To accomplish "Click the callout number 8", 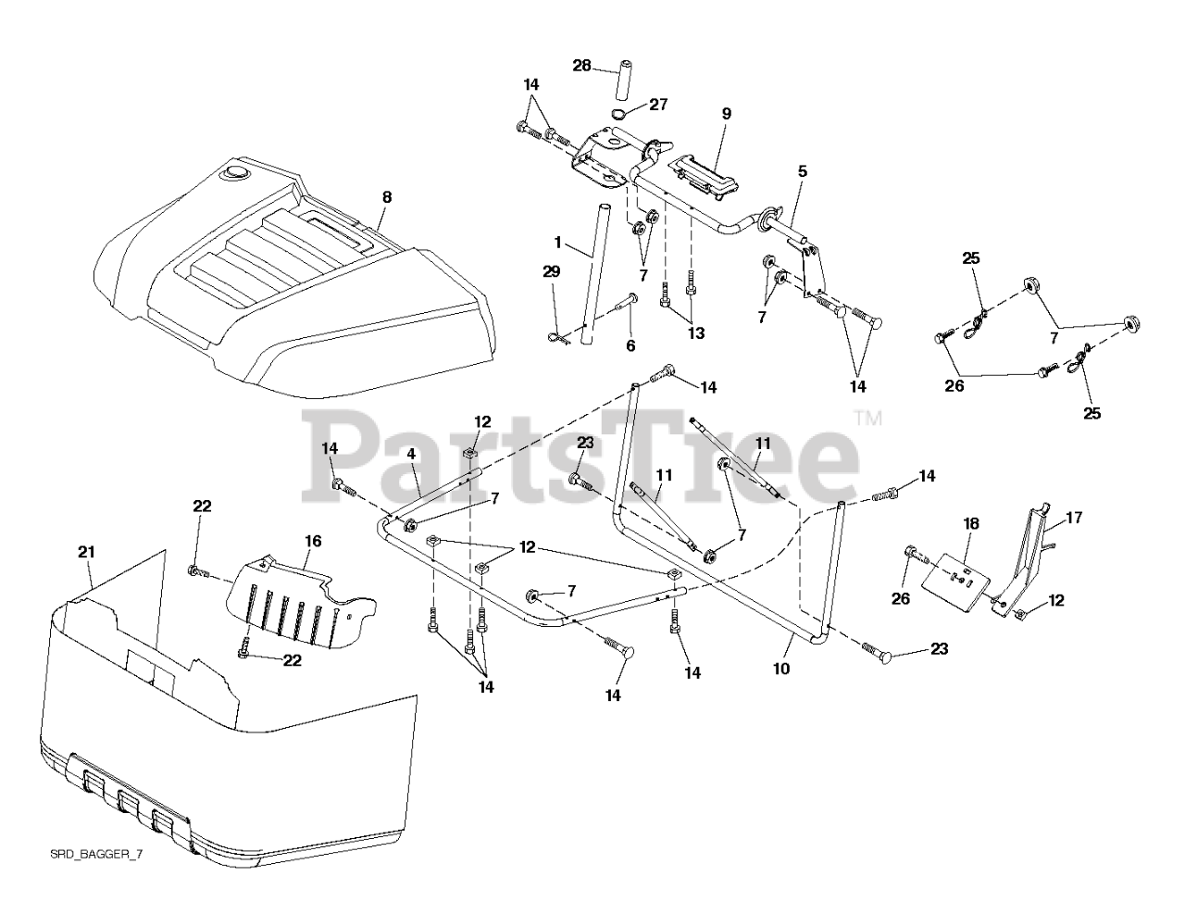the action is pos(386,196).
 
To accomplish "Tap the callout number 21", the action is pos(86,552).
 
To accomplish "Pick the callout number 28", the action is pos(581,66).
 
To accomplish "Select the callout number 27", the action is pos(658,105).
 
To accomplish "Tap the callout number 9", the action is pos(726,114).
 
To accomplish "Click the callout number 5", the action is pos(802,170).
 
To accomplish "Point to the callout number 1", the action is pos(558,242).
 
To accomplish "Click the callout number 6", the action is pos(631,344).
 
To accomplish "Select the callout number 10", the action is pos(781,667).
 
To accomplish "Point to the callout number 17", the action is pos(1074,520).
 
